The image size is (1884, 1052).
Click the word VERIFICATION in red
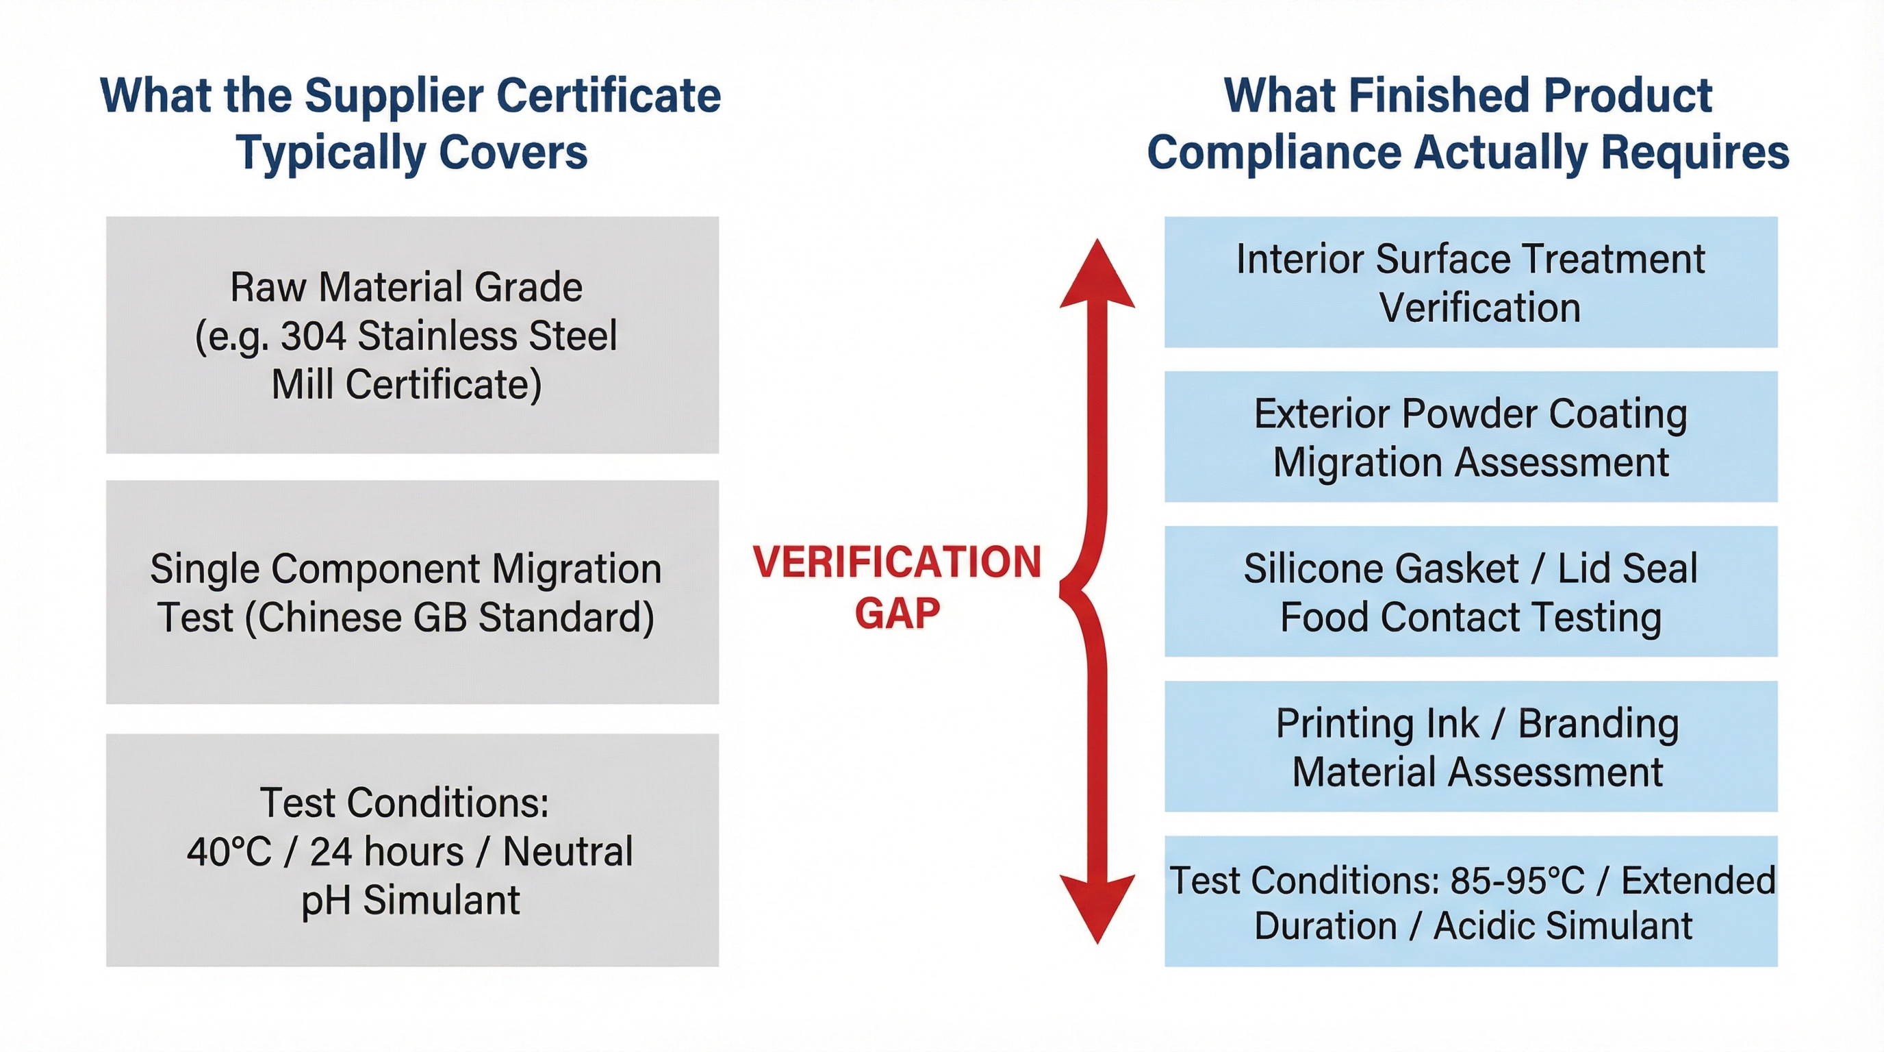[x=897, y=562]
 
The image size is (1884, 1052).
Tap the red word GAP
[x=898, y=613]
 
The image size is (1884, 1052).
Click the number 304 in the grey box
[x=313, y=336]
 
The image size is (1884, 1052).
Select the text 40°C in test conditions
[x=229, y=852]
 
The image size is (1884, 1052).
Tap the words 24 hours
[x=387, y=852]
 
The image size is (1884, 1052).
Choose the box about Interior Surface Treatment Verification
[x=1470, y=282]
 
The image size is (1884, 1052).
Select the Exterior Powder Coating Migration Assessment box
[x=1470, y=437]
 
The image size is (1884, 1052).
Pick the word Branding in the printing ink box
[x=1598, y=724]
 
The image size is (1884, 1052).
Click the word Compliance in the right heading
[x=1273, y=153]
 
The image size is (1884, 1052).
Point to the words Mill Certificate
[x=407, y=385]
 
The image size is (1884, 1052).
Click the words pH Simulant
[x=410, y=900]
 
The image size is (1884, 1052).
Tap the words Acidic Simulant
[x=1562, y=926]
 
